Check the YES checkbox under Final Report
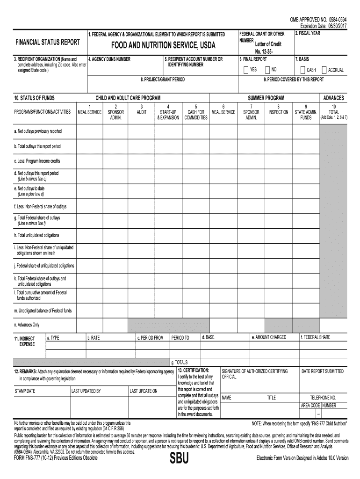tap(246, 70)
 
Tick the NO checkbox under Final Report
tap(267, 70)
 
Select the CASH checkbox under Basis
tap(303, 70)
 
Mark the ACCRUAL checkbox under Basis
tap(324, 70)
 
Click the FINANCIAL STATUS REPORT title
tap(48, 42)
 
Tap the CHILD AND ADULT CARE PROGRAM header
tap(128, 98)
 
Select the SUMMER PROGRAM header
tap(266, 98)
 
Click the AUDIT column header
tap(141, 112)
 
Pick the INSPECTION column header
tap(278, 112)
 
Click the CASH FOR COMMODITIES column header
tap(196, 115)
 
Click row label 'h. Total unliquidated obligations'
tap(37, 235)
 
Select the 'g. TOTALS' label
tap(180, 362)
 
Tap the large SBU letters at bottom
tap(179, 459)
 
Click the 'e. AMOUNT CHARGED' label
tap(269, 337)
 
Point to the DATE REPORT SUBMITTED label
tap(323, 371)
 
